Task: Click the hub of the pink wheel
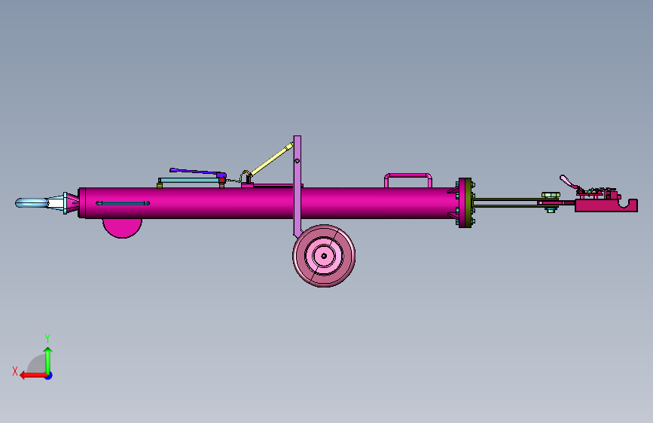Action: coord(324,256)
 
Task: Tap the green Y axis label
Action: coord(47,338)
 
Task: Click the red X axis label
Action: coord(15,371)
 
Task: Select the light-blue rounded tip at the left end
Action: coord(31,203)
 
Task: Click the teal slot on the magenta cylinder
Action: coord(123,203)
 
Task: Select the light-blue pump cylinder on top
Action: coord(190,181)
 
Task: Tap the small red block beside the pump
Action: coord(222,181)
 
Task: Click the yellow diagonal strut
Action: coord(272,159)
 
